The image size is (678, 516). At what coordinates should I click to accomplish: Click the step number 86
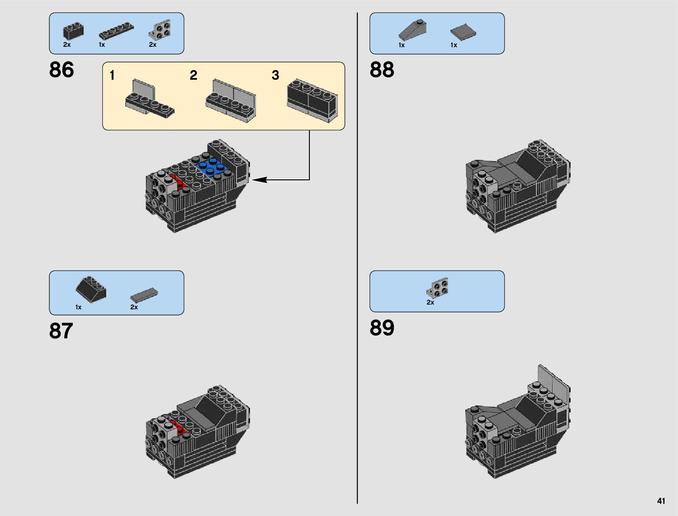(x=62, y=69)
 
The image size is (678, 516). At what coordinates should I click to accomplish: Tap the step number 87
(x=61, y=331)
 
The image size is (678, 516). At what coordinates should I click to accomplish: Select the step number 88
(x=382, y=69)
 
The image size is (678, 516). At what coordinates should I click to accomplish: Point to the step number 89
(x=382, y=328)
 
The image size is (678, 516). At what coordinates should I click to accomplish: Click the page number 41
(x=661, y=501)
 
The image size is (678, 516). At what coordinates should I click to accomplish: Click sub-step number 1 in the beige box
(x=112, y=75)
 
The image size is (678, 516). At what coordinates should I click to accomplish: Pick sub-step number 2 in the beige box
(x=193, y=75)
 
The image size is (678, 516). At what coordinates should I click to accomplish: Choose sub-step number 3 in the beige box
(x=275, y=75)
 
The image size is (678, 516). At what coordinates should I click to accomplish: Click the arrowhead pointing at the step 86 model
(x=260, y=179)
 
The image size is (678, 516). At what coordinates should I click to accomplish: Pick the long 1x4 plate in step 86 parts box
(x=117, y=31)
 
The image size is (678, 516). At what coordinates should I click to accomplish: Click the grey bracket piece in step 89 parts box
(x=438, y=288)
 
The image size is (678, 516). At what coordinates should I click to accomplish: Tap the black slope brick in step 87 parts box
(x=91, y=289)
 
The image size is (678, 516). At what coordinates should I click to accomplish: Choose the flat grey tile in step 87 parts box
(x=144, y=295)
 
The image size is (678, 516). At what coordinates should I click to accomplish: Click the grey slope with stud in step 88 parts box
(x=413, y=31)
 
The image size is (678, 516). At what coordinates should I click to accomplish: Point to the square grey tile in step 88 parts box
(x=463, y=32)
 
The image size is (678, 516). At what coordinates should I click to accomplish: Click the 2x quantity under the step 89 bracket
(x=430, y=302)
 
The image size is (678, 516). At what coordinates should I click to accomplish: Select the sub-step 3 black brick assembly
(x=312, y=101)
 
